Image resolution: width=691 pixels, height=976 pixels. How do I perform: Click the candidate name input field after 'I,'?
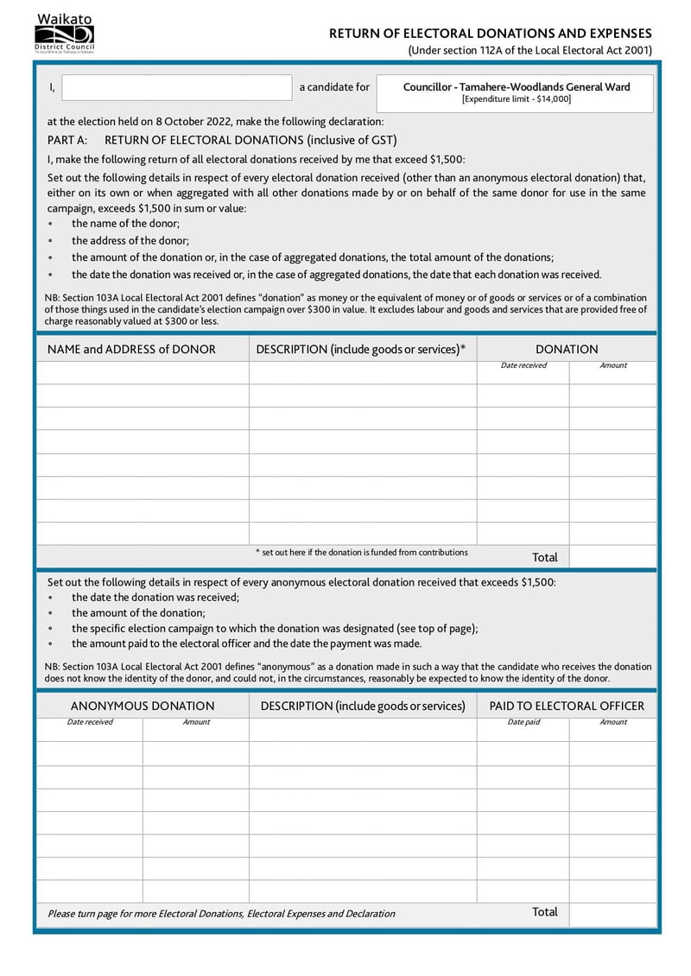pyautogui.click(x=177, y=87)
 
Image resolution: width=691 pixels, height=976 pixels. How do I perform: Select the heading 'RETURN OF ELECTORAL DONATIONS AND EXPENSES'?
pyautogui.click(x=491, y=33)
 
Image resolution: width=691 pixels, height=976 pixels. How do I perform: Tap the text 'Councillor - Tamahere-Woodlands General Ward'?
pyautogui.click(x=516, y=86)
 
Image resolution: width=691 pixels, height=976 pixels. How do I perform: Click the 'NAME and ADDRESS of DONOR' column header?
pyautogui.click(x=131, y=349)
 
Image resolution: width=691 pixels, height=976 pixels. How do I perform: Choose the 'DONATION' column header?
pyautogui.click(x=567, y=349)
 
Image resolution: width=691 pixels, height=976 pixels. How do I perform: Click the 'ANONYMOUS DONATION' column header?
pyautogui.click(x=143, y=706)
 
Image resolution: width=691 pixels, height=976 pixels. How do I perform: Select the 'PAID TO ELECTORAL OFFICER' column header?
pyautogui.click(x=567, y=706)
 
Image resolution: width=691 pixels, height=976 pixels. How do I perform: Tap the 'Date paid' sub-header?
pyautogui.click(x=523, y=722)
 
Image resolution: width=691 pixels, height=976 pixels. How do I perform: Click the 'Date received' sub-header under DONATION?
pyautogui.click(x=523, y=365)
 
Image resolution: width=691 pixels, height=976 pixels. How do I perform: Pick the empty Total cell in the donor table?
pyautogui.click(x=612, y=557)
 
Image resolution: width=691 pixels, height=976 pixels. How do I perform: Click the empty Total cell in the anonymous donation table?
pyautogui.click(x=612, y=912)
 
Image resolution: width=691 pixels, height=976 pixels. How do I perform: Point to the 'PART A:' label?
pyautogui.click(x=67, y=140)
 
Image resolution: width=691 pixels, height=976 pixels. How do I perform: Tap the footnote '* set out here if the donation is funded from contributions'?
pyautogui.click(x=361, y=553)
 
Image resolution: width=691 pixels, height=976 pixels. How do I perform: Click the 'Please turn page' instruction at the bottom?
pyautogui.click(x=221, y=913)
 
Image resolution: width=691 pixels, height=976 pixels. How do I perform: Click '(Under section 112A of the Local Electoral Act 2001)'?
pyautogui.click(x=529, y=50)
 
